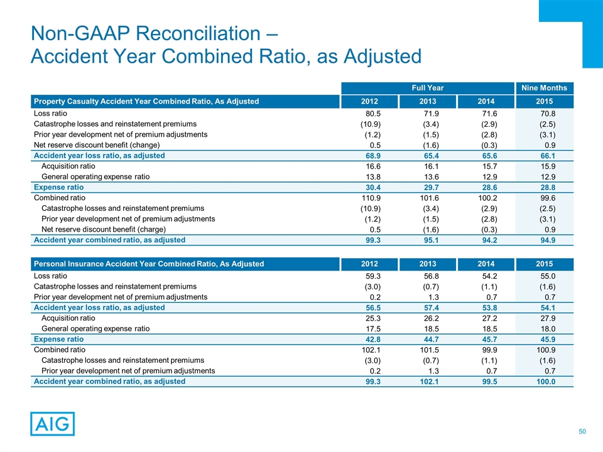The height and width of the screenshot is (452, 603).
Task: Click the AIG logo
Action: click(x=52, y=424)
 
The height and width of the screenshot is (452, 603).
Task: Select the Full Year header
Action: click(x=427, y=88)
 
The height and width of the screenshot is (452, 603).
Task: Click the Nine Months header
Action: click(x=544, y=88)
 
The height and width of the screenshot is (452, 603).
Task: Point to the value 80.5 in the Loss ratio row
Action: click(x=374, y=114)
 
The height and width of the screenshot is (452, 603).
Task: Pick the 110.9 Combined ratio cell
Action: click(x=371, y=197)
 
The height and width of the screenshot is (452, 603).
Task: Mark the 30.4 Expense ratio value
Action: click(x=374, y=187)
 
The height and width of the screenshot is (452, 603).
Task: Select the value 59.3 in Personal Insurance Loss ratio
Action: click(x=374, y=276)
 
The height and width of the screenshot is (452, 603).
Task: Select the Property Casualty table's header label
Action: click(x=146, y=101)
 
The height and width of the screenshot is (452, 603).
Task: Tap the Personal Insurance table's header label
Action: click(x=148, y=264)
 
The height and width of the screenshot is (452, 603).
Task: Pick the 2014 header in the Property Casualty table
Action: click(x=484, y=101)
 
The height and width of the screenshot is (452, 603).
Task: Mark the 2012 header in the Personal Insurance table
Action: click(x=369, y=264)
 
